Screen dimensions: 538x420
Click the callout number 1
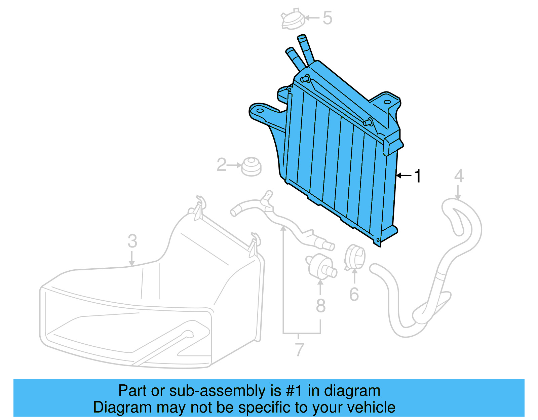[x=418, y=176]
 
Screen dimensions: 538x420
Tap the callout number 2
[x=221, y=165]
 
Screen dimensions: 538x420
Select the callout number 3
[x=132, y=241]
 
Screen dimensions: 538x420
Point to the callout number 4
[x=459, y=176]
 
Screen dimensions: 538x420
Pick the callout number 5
[x=327, y=18]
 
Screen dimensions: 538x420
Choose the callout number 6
[x=354, y=294]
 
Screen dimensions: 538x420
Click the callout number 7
[x=299, y=349]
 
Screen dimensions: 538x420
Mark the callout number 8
[x=320, y=306]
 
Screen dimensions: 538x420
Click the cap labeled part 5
[x=293, y=20]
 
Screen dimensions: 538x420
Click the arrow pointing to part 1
[x=403, y=175]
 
